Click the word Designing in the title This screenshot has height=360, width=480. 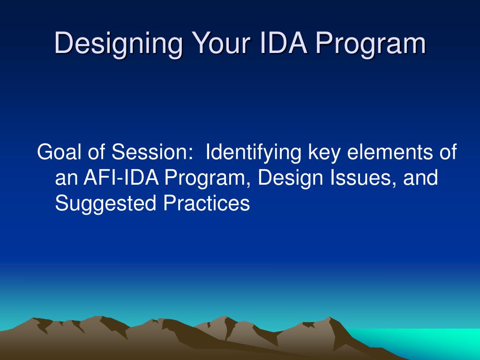click(x=117, y=44)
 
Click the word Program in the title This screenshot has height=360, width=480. click(x=370, y=44)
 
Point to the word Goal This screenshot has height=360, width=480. click(x=58, y=153)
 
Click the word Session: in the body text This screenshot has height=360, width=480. click(x=153, y=153)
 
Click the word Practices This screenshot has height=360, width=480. click(x=206, y=203)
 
